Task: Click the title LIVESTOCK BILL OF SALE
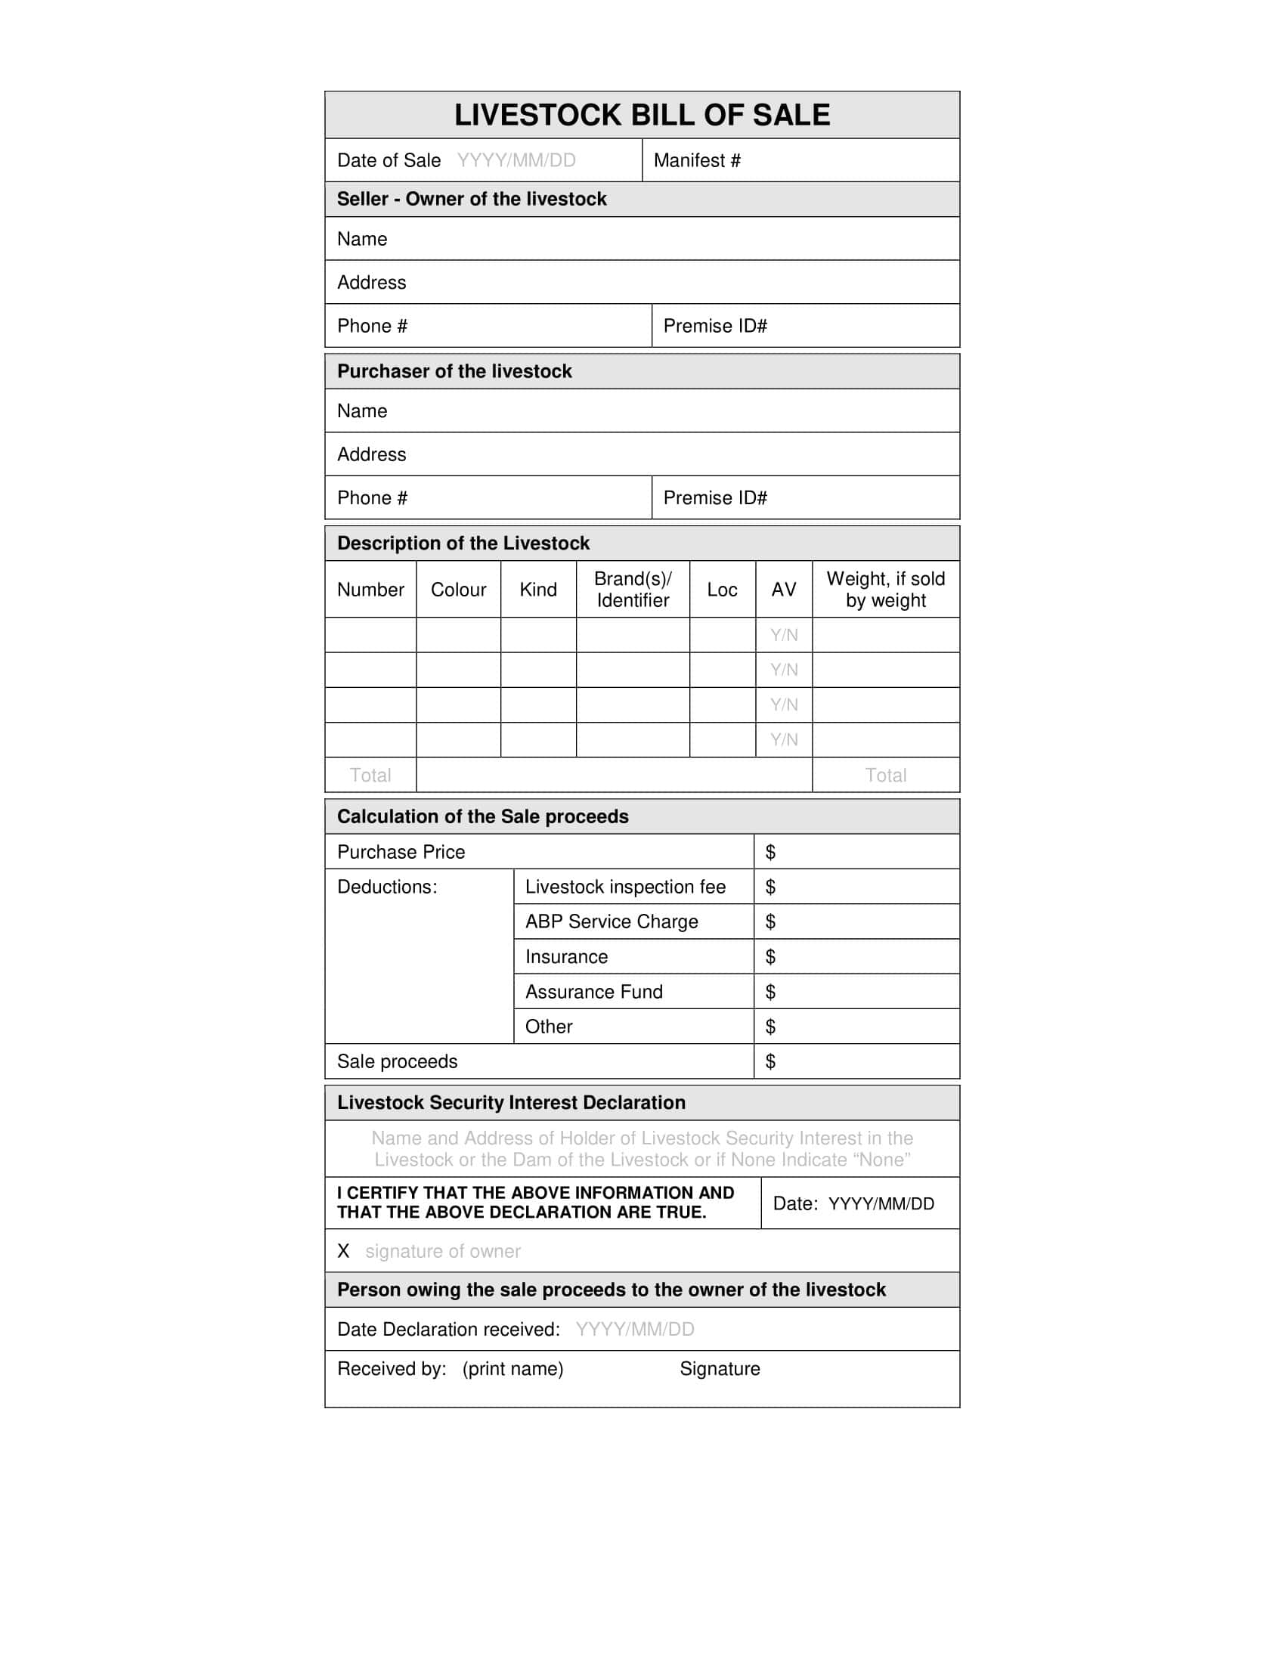(x=642, y=115)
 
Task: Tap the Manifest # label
(x=697, y=161)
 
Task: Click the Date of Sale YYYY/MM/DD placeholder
(x=516, y=161)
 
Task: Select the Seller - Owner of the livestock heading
(x=471, y=200)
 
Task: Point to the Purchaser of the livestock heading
(x=454, y=372)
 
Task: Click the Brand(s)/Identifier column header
(x=633, y=590)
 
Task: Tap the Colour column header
(x=458, y=590)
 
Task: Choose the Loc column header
(x=722, y=590)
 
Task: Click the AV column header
(x=783, y=590)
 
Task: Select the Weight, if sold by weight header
(x=885, y=590)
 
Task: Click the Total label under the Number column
(x=370, y=775)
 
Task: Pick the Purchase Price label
(x=401, y=852)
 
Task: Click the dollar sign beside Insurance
(x=770, y=957)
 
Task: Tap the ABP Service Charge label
(x=612, y=922)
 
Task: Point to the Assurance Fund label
(x=594, y=993)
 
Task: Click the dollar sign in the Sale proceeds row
(x=770, y=1061)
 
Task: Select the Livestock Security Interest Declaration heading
(x=511, y=1103)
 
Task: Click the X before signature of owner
(x=343, y=1251)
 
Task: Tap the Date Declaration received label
(x=448, y=1330)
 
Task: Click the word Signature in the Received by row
(x=720, y=1369)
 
